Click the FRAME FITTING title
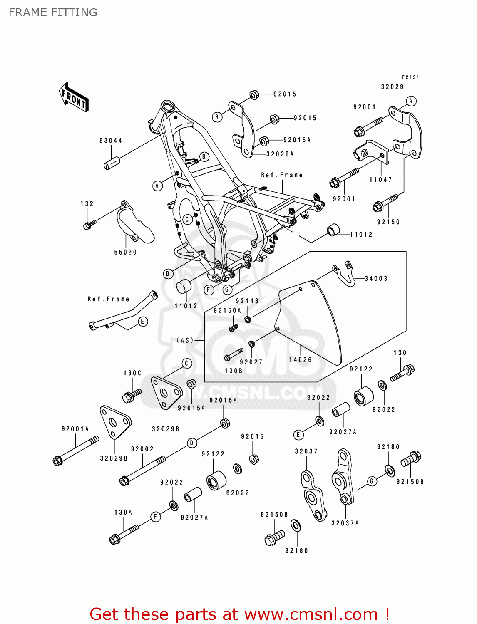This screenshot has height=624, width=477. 53,12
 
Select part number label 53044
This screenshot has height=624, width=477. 111,141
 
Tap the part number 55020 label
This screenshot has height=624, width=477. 125,252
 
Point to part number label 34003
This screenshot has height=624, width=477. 376,279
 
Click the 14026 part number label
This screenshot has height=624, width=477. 301,359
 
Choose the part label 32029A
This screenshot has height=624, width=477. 280,154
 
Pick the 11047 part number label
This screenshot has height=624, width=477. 380,180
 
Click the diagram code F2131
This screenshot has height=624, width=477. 410,77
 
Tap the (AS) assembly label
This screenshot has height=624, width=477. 185,340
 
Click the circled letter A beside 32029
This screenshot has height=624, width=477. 410,101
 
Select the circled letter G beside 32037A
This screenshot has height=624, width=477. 372,481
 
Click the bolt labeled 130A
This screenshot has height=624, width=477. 124,534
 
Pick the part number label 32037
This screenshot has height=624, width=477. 306,451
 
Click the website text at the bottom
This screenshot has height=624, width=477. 240,614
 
